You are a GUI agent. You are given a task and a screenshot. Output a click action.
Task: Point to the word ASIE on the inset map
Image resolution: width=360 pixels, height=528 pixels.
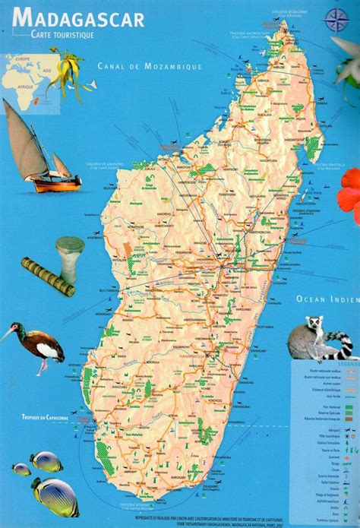[46, 71]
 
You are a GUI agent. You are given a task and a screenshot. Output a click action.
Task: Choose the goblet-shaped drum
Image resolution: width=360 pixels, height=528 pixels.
[70, 255]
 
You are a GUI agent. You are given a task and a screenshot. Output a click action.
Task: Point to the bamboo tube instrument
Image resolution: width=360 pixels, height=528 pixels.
[46, 277]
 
